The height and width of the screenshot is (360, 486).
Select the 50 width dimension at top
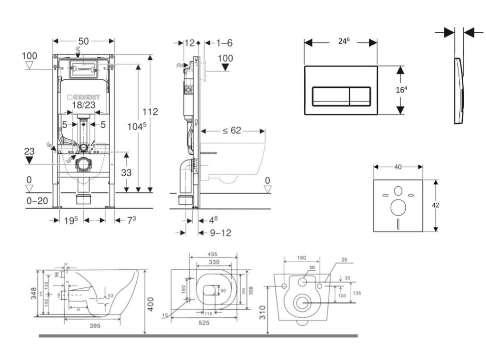coord(84,41)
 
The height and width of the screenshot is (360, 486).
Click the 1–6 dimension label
coord(224,43)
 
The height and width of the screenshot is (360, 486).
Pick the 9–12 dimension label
coord(221,233)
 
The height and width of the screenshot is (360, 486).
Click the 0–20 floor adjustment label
coord(37,201)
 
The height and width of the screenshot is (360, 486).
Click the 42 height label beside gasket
coord(436,205)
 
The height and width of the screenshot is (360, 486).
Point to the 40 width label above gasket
coord(398,167)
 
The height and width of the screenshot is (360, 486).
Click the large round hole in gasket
coord(398,208)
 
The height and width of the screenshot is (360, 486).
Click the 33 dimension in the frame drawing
coord(126,173)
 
